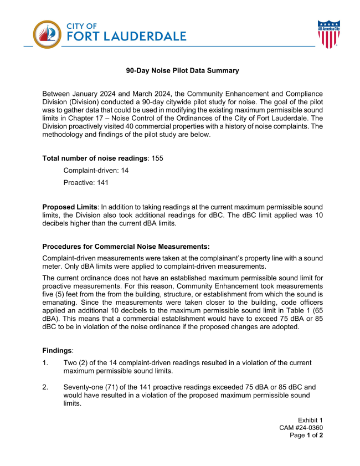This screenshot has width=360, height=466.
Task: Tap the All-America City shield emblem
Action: click(x=328, y=34)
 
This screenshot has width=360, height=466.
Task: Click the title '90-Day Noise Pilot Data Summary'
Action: click(x=182, y=70)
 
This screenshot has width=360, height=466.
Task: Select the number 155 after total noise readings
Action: click(x=157, y=158)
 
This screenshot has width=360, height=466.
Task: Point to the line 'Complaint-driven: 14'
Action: click(x=96, y=170)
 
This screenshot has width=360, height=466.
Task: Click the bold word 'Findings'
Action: click(x=57, y=350)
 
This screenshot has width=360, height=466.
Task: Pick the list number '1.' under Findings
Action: click(x=46, y=362)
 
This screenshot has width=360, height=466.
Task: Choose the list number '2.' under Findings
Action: click(x=46, y=387)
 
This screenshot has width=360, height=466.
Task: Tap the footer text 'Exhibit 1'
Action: click(x=310, y=420)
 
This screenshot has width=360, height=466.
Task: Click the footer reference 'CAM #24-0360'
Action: click(x=301, y=428)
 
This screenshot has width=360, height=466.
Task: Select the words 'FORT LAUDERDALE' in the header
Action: click(x=126, y=37)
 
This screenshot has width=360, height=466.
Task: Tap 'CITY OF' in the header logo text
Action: click(x=82, y=25)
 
